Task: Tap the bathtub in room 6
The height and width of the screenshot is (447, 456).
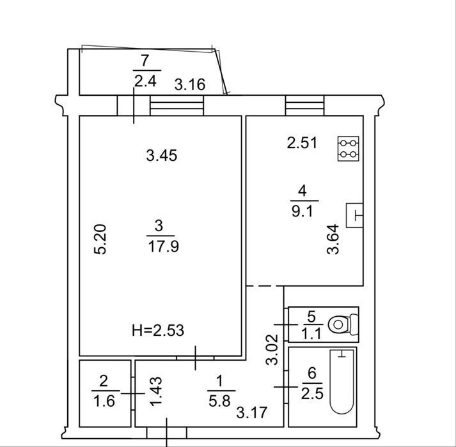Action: (342, 382)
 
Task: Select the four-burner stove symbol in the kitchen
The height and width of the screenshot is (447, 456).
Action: (348, 148)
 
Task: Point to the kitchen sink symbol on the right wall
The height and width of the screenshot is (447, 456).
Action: (354, 215)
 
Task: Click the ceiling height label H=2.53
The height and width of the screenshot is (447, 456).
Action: (158, 331)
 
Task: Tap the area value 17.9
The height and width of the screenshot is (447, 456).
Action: (164, 247)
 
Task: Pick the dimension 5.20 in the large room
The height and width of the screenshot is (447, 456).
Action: (100, 239)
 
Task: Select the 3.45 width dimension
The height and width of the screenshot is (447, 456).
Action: (162, 156)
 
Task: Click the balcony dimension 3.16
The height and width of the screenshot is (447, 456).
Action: (190, 84)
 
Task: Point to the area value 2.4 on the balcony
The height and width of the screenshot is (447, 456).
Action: (145, 81)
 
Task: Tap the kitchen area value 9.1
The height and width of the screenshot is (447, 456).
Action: (302, 211)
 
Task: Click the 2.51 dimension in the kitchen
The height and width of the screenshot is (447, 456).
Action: (302, 143)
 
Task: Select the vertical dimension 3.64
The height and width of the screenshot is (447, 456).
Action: (333, 239)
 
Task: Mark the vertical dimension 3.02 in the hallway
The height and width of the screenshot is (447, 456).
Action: (272, 349)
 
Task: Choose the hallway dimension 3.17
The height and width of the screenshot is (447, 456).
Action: (252, 413)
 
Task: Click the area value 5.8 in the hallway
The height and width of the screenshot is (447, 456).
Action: (219, 401)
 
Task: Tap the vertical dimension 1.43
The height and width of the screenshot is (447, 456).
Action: (155, 391)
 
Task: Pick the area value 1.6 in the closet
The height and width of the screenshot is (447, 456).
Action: (104, 402)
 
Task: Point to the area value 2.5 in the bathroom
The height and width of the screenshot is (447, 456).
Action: (312, 394)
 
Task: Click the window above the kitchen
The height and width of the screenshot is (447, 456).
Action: (305, 105)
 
